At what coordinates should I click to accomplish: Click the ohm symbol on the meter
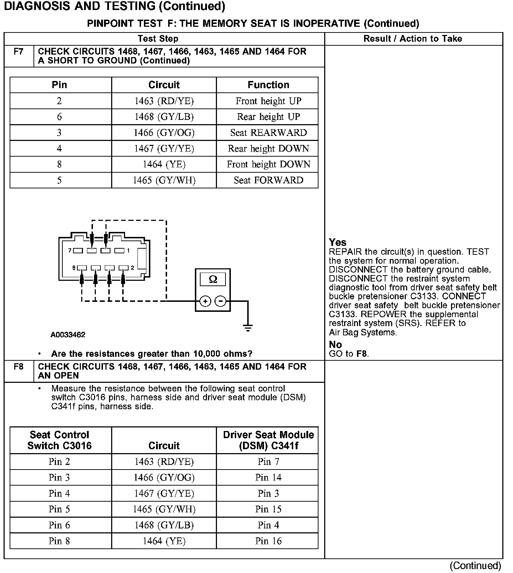[x=213, y=279]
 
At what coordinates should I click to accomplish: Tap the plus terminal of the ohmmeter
[x=205, y=301]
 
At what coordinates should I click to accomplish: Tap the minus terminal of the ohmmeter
[x=221, y=301]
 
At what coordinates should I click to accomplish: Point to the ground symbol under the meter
[x=248, y=328]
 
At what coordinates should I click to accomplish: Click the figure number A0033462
[x=68, y=335]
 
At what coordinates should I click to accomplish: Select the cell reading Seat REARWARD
[x=268, y=133]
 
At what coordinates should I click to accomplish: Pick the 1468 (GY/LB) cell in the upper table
[x=164, y=117]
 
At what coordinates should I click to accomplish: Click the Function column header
[x=268, y=85]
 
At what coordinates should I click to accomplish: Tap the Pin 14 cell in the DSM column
[x=268, y=477]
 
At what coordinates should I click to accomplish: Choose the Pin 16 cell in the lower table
[x=268, y=541]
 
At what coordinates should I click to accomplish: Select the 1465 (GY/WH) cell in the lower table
[x=164, y=509]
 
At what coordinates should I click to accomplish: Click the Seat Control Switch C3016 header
[x=59, y=440]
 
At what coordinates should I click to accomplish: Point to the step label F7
[x=19, y=52]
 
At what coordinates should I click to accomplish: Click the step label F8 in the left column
[x=19, y=367]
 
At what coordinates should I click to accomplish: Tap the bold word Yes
[x=337, y=243]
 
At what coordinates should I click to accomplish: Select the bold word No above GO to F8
[x=335, y=345]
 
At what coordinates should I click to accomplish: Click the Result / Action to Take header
[x=413, y=39]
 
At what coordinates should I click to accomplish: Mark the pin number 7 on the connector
[x=70, y=250]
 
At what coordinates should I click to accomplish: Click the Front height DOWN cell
[x=268, y=164]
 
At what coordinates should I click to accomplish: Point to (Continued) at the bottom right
[x=475, y=566]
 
